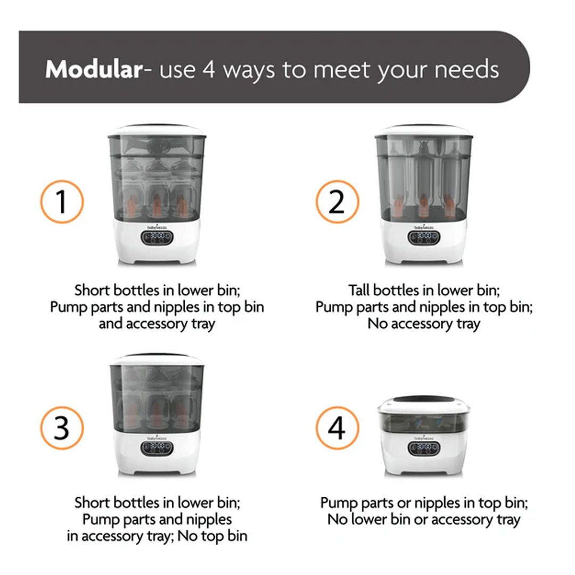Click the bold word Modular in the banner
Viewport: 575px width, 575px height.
[x=94, y=69]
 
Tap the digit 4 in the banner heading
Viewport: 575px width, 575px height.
[x=209, y=69]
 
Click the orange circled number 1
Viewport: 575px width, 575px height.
[x=62, y=202]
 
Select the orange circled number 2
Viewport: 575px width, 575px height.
[x=338, y=202]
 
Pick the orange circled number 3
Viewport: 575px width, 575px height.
[x=62, y=428]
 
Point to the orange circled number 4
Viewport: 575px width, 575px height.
[x=338, y=428]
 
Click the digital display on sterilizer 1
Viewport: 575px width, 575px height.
[x=157, y=237]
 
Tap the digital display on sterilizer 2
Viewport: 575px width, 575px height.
[x=424, y=237]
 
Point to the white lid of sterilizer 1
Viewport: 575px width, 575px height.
[x=157, y=130]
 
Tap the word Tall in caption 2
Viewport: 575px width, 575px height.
[x=359, y=290]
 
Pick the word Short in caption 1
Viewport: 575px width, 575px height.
[x=93, y=290]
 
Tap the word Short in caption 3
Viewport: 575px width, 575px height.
[x=93, y=503]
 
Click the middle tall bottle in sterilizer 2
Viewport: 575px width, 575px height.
[x=424, y=180]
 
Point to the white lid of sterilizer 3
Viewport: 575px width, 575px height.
[x=157, y=360]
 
